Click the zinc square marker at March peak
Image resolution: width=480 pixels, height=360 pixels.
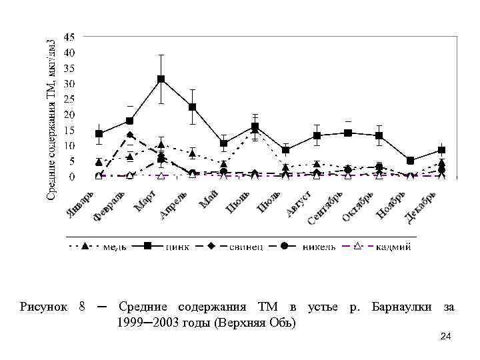point(161,79)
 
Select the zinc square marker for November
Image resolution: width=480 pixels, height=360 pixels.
point(410,161)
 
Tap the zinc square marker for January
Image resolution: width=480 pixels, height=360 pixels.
point(99,134)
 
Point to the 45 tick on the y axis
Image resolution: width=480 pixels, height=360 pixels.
point(69,36)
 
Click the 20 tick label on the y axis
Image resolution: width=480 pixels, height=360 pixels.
point(69,115)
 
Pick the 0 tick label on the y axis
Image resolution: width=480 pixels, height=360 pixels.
point(72,177)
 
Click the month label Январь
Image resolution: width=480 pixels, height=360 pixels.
point(83,203)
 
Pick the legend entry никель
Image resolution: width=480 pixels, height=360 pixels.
point(318,247)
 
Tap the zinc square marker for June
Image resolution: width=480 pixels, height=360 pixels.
point(255,127)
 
